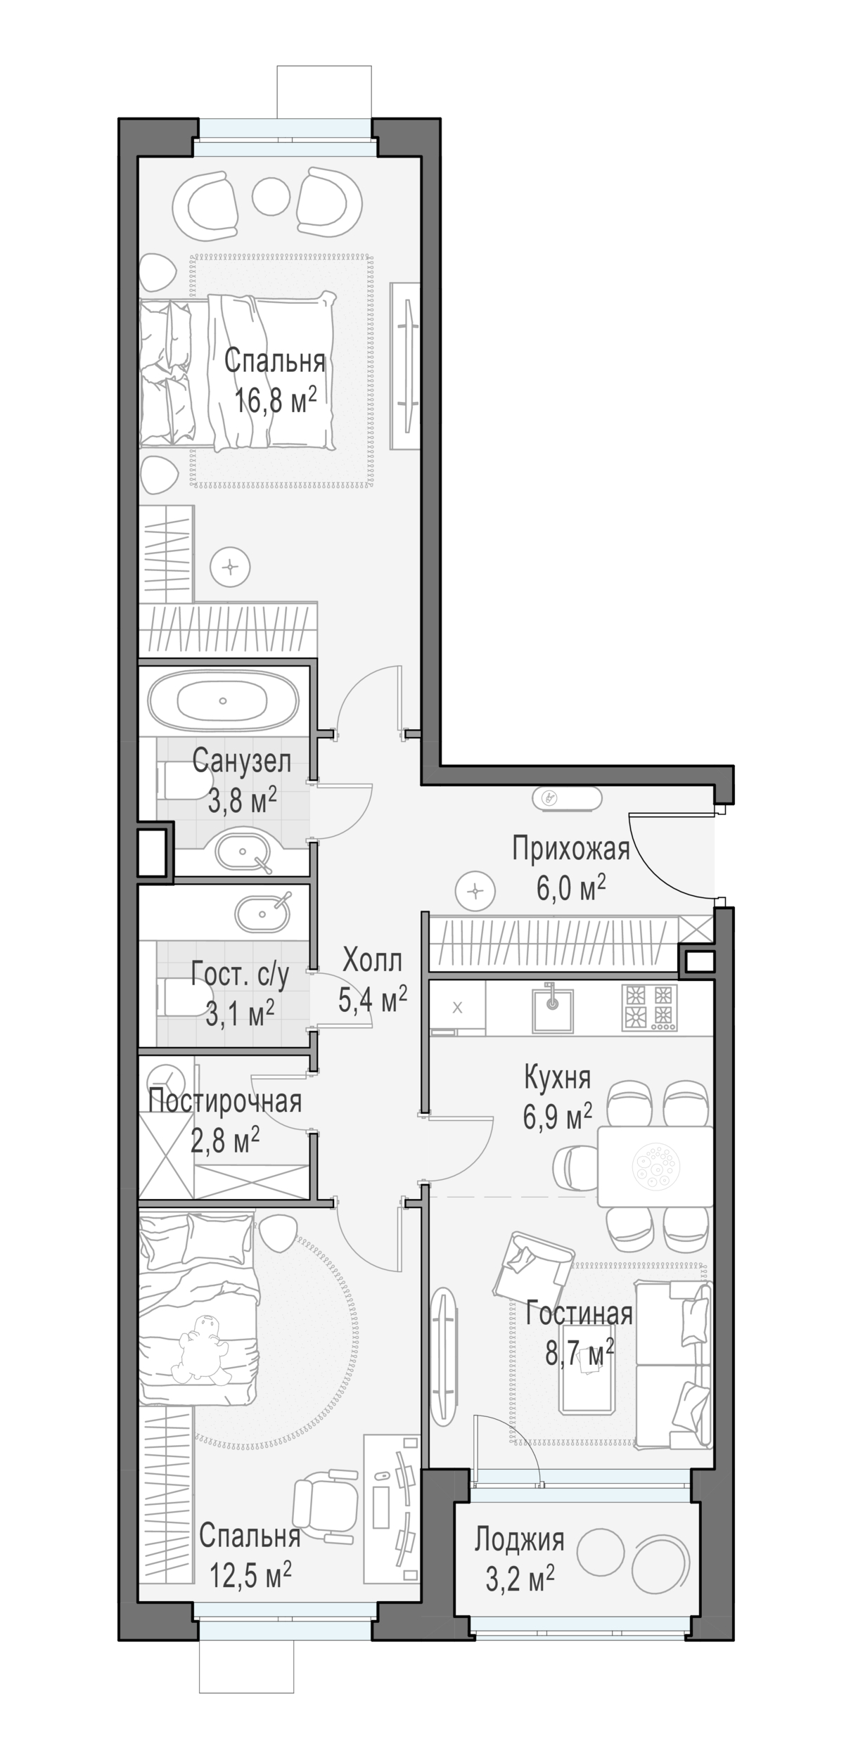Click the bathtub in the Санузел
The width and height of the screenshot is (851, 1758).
pyautogui.click(x=223, y=701)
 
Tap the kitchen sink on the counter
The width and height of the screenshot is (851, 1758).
pyautogui.click(x=552, y=1008)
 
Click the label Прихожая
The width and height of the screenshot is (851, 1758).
pyautogui.click(x=570, y=849)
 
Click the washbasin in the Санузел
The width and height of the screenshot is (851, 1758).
pyautogui.click(x=242, y=852)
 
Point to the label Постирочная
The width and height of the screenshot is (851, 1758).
pyautogui.click(x=225, y=1101)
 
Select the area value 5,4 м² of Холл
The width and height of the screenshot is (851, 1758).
pyautogui.click(x=373, y=999)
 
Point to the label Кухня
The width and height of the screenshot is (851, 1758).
pyautogui.click(x=558, y=1077)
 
